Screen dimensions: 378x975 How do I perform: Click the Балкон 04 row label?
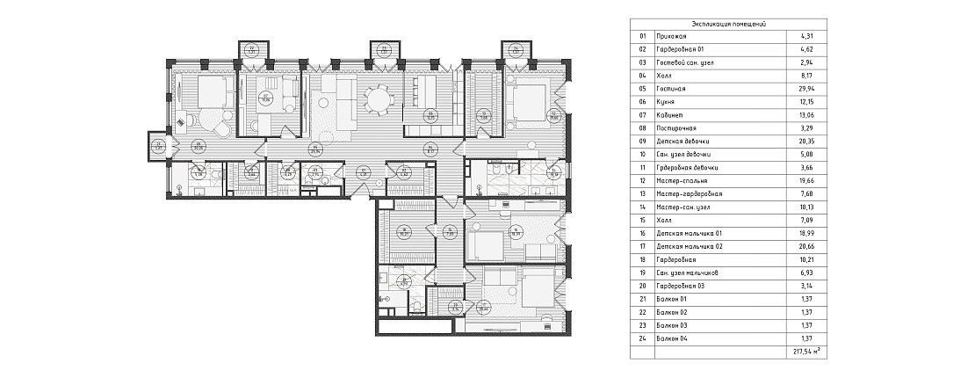pos(672,338)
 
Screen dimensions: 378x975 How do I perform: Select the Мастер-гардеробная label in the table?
pos(690,194)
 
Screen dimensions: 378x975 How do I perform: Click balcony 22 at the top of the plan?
pos(251,50)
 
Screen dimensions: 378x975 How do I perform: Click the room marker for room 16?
pos(517,234)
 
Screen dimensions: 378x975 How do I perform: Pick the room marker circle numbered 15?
pos(448,234)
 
